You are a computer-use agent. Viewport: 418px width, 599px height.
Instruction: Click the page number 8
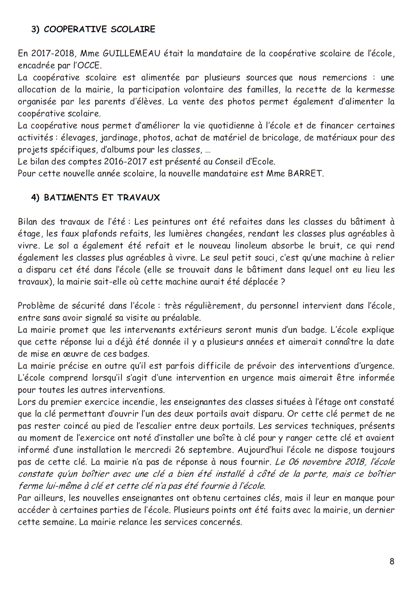(x=392, y=562)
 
